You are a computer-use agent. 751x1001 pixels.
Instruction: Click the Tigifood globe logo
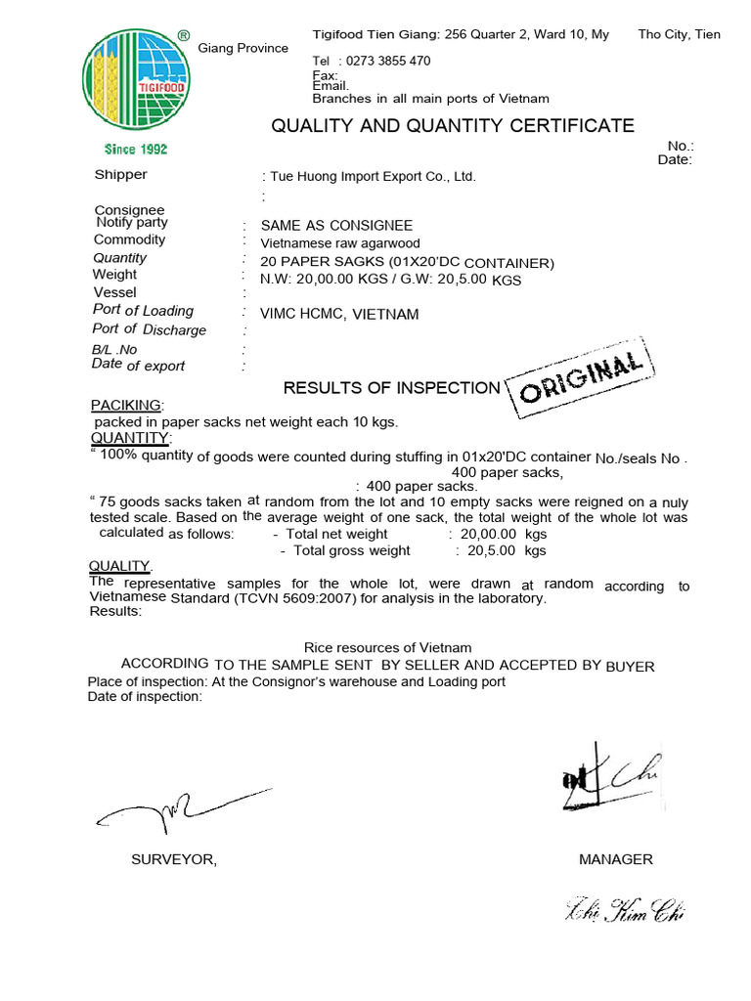(x=136, y=82)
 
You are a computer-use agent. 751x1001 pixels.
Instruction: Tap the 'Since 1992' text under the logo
(x=136, y=149)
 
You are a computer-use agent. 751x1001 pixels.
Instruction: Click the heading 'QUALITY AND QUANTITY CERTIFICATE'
(x=452, y=125)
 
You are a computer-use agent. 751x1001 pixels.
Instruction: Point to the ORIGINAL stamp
(x=582, y=380)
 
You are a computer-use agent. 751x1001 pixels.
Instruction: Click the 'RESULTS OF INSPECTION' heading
(x=391, y=388)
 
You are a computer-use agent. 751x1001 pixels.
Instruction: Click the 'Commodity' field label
(x=129, y=239)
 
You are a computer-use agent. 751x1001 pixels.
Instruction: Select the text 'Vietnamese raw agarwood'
(x=341, y=244)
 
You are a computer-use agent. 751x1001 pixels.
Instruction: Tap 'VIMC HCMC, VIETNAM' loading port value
(x=339, y=315)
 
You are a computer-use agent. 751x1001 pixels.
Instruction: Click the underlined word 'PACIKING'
(x=126, y=405)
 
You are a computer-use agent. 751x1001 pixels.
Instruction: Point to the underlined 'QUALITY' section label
(x=119, y=566)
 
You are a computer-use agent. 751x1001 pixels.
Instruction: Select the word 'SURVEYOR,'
(x=174, y=859)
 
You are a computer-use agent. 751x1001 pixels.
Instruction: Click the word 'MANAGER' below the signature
(x=615, y=859)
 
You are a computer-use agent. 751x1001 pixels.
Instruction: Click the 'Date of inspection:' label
(x=145, y=697)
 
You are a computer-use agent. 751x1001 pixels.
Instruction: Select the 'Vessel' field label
(x=115, y=292)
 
